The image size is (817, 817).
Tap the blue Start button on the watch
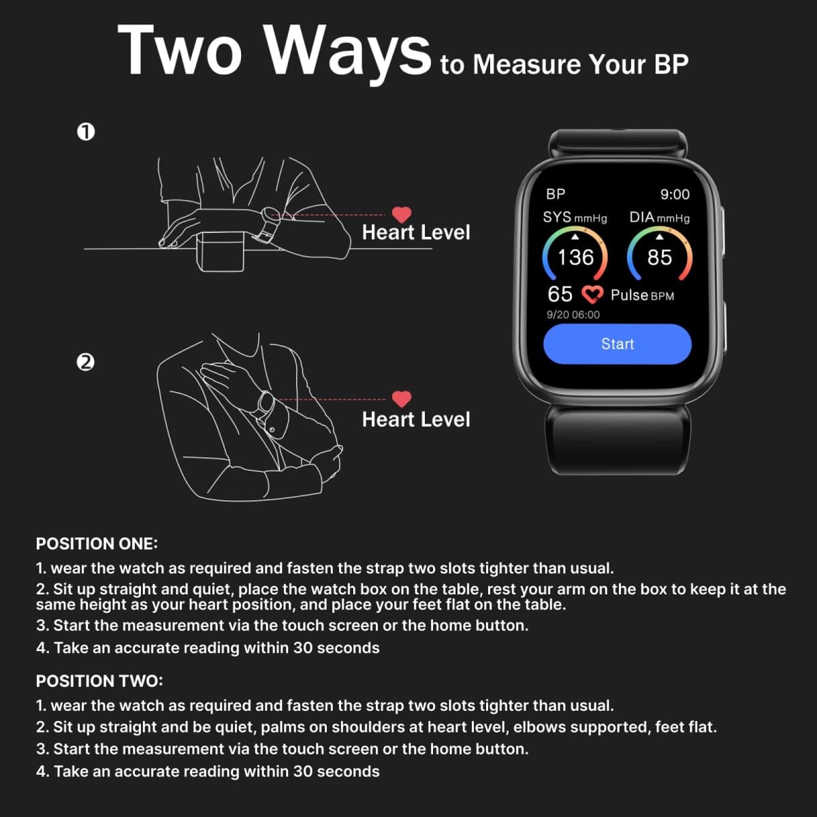click(617, 344)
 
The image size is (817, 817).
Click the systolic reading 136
click(575, 257)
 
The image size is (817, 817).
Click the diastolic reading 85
click(659, 257)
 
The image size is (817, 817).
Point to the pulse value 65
click(560, 294)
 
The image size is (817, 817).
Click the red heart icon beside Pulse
click(592, 295)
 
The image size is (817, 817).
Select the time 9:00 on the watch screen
click(675, 194)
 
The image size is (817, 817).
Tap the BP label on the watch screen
click(556, 194)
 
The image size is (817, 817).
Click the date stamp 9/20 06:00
click(573, 315)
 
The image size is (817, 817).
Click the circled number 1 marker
click(86, 132)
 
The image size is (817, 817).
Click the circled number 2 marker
click(86, 362)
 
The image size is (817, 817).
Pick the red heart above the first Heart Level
click(402, 214)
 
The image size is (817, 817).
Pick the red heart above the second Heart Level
click(402, 398)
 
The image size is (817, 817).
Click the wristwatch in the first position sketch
click(269, 224)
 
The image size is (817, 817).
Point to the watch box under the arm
click(220, 251)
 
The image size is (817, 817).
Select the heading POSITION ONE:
click(97, 543)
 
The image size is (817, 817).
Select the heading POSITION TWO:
click(99, 681)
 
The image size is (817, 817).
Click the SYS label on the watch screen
click(557, 217)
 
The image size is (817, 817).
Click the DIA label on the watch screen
click(642, 217)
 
